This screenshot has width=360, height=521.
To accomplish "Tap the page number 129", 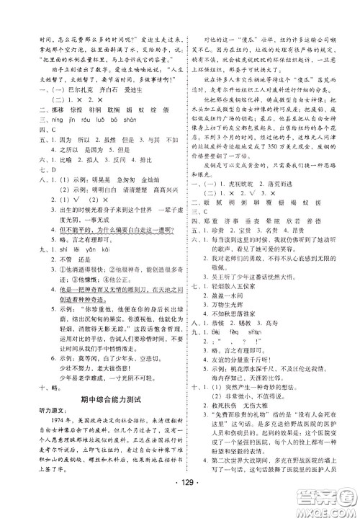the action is click(180, 499).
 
